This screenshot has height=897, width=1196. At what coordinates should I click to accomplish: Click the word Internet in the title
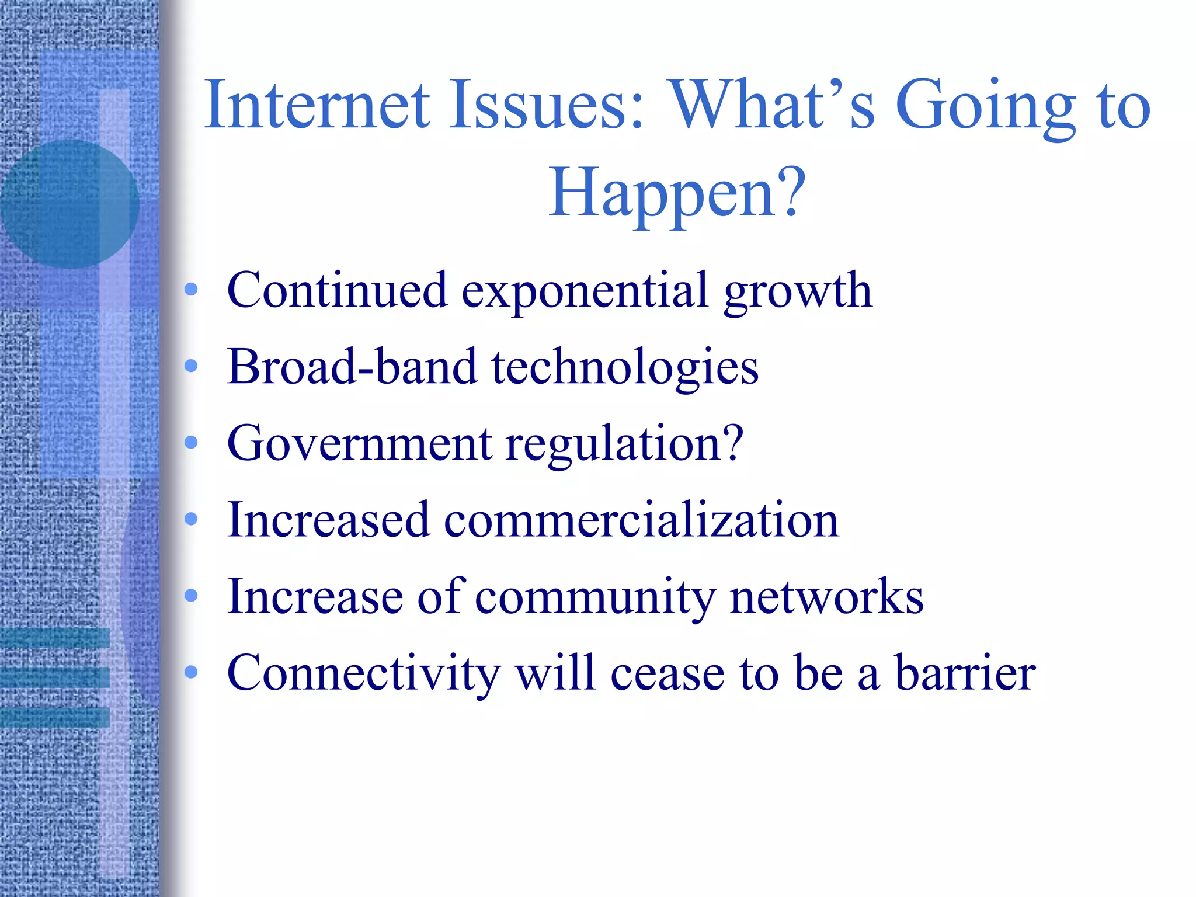pos(317,105)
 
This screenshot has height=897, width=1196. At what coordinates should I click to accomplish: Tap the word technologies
pos(625,368)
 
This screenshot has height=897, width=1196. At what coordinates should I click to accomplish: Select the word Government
pos(359,443)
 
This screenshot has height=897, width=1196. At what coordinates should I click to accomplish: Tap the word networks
pos(826,597)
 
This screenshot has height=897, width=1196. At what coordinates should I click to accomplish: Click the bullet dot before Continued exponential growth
pos(191,289)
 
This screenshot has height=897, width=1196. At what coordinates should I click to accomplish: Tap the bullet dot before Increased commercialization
pos(191,519)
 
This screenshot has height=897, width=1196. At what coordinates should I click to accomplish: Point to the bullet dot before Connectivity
pos(191,672)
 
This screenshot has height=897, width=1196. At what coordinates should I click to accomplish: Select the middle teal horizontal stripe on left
pos(54,677)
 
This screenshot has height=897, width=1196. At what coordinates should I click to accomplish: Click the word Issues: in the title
pos(547,105)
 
